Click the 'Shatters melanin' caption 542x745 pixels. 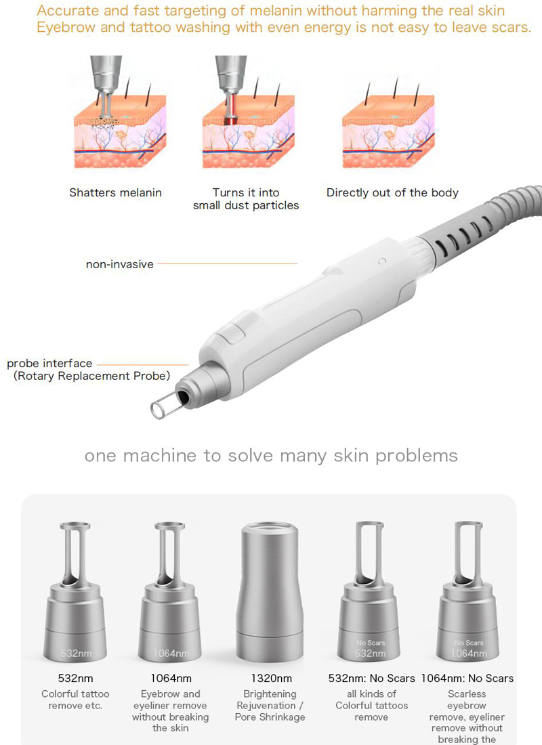click(115, 193)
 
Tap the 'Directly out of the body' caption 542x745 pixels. click(392, 193)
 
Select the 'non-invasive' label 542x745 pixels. click(119, 264)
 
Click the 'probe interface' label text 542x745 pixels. click(49, 364)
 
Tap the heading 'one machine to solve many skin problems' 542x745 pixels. click(271, 455)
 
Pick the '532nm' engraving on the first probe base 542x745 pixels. click(75, 654)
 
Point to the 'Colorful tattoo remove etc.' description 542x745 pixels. click(75, 700)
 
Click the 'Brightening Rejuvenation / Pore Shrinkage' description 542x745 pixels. click(270, 706)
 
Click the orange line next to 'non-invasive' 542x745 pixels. click(227, 263)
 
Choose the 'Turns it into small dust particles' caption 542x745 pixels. click(246, 199)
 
